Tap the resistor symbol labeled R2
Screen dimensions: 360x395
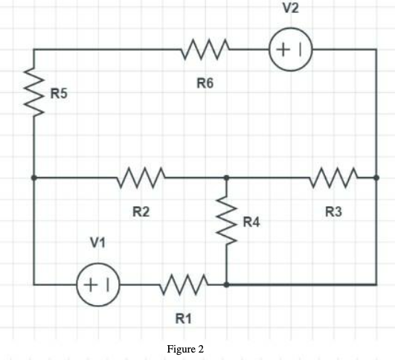tap(140, 179)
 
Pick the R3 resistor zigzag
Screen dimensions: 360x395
tap(333, 179)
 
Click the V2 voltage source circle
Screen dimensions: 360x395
tap(291, 51)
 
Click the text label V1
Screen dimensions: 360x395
tap(97, 242)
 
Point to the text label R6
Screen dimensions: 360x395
tap(205, 84)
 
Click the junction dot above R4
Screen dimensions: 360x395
tap(226, 179)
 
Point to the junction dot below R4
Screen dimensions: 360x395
tap(226, 284)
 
